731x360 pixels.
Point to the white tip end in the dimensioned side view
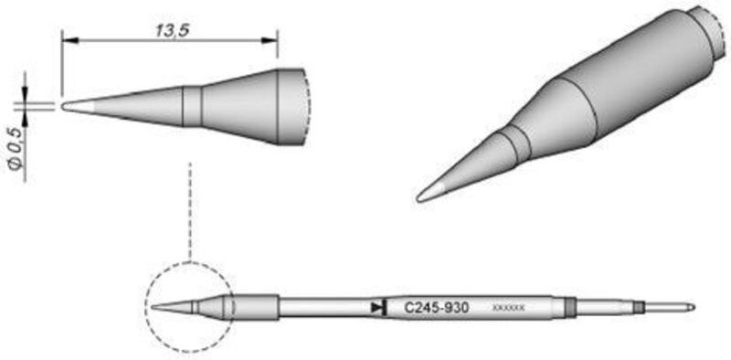[x=69, y=105]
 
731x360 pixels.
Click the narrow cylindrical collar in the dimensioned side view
[x=192, y=106]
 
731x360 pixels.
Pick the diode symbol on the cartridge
[x=376, y=308]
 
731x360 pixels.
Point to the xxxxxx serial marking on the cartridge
[x=508, y=309]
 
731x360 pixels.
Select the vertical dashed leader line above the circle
[x=188, y=210]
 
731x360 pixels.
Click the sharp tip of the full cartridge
[x=153, y=307]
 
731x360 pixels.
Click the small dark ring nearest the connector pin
[x=640, y=307]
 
